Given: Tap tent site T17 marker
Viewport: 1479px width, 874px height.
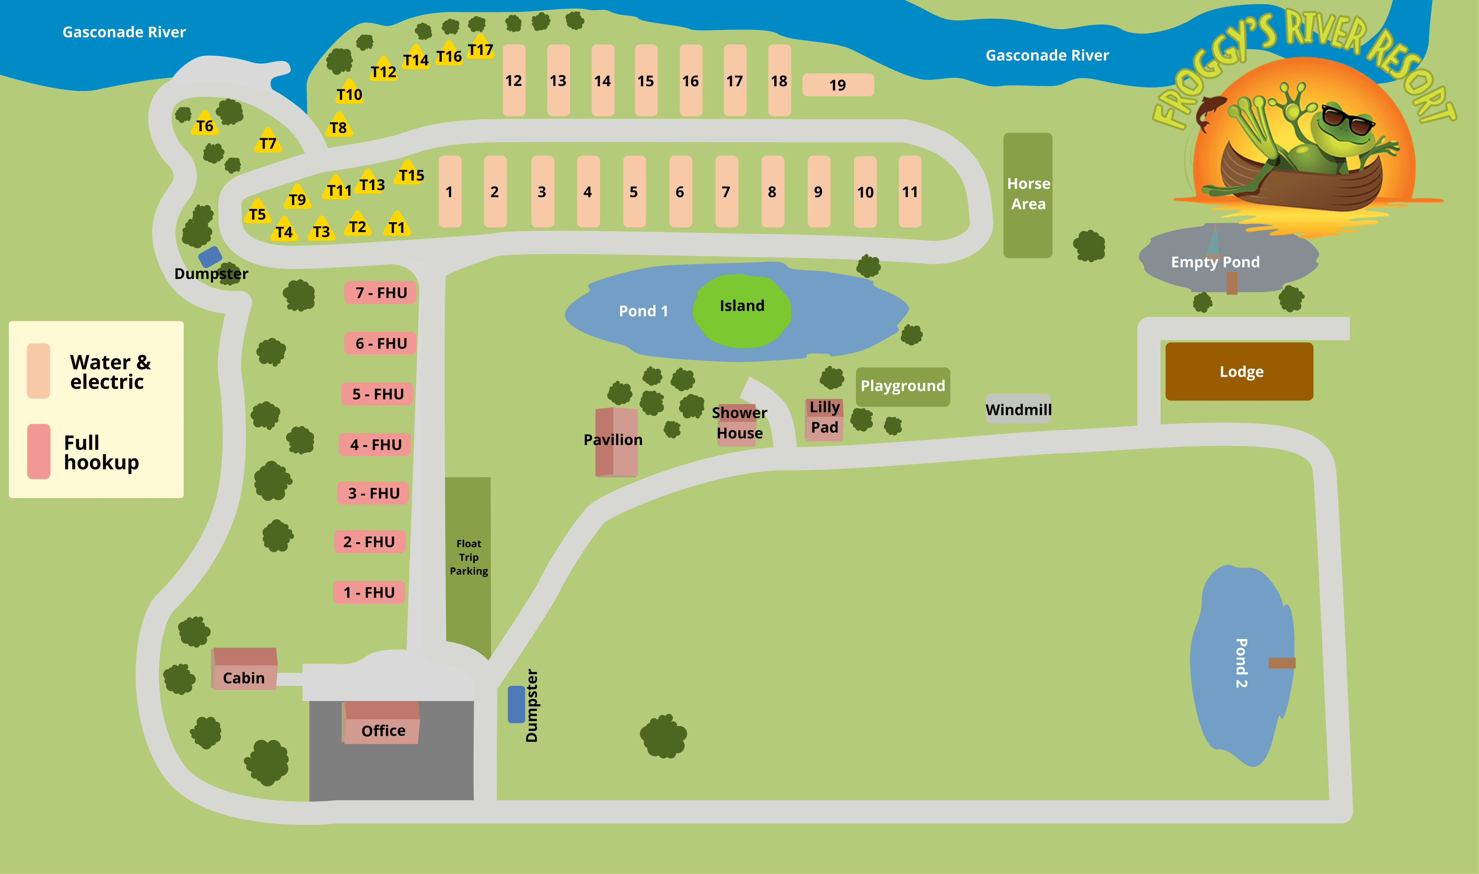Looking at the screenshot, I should tap(480, 48).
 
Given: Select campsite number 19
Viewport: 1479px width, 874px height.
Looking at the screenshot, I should tap(838, 85).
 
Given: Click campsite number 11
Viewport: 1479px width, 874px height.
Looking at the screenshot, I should tap(910, 191).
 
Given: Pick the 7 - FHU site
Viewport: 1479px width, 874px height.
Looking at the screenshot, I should tap(381, 293).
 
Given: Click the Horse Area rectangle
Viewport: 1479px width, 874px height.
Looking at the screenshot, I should tap(1028, 194).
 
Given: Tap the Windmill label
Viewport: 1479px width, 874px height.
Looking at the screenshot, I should tap(1018, 409).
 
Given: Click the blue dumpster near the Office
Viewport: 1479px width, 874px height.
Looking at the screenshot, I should tap(516, 704).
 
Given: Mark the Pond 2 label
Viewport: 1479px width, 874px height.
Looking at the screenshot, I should tap(1241, 663).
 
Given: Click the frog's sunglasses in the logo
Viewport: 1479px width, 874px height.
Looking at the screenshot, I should tap(1348, 120).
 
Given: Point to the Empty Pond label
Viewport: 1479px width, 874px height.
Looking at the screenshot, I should tap(1215, 262).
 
